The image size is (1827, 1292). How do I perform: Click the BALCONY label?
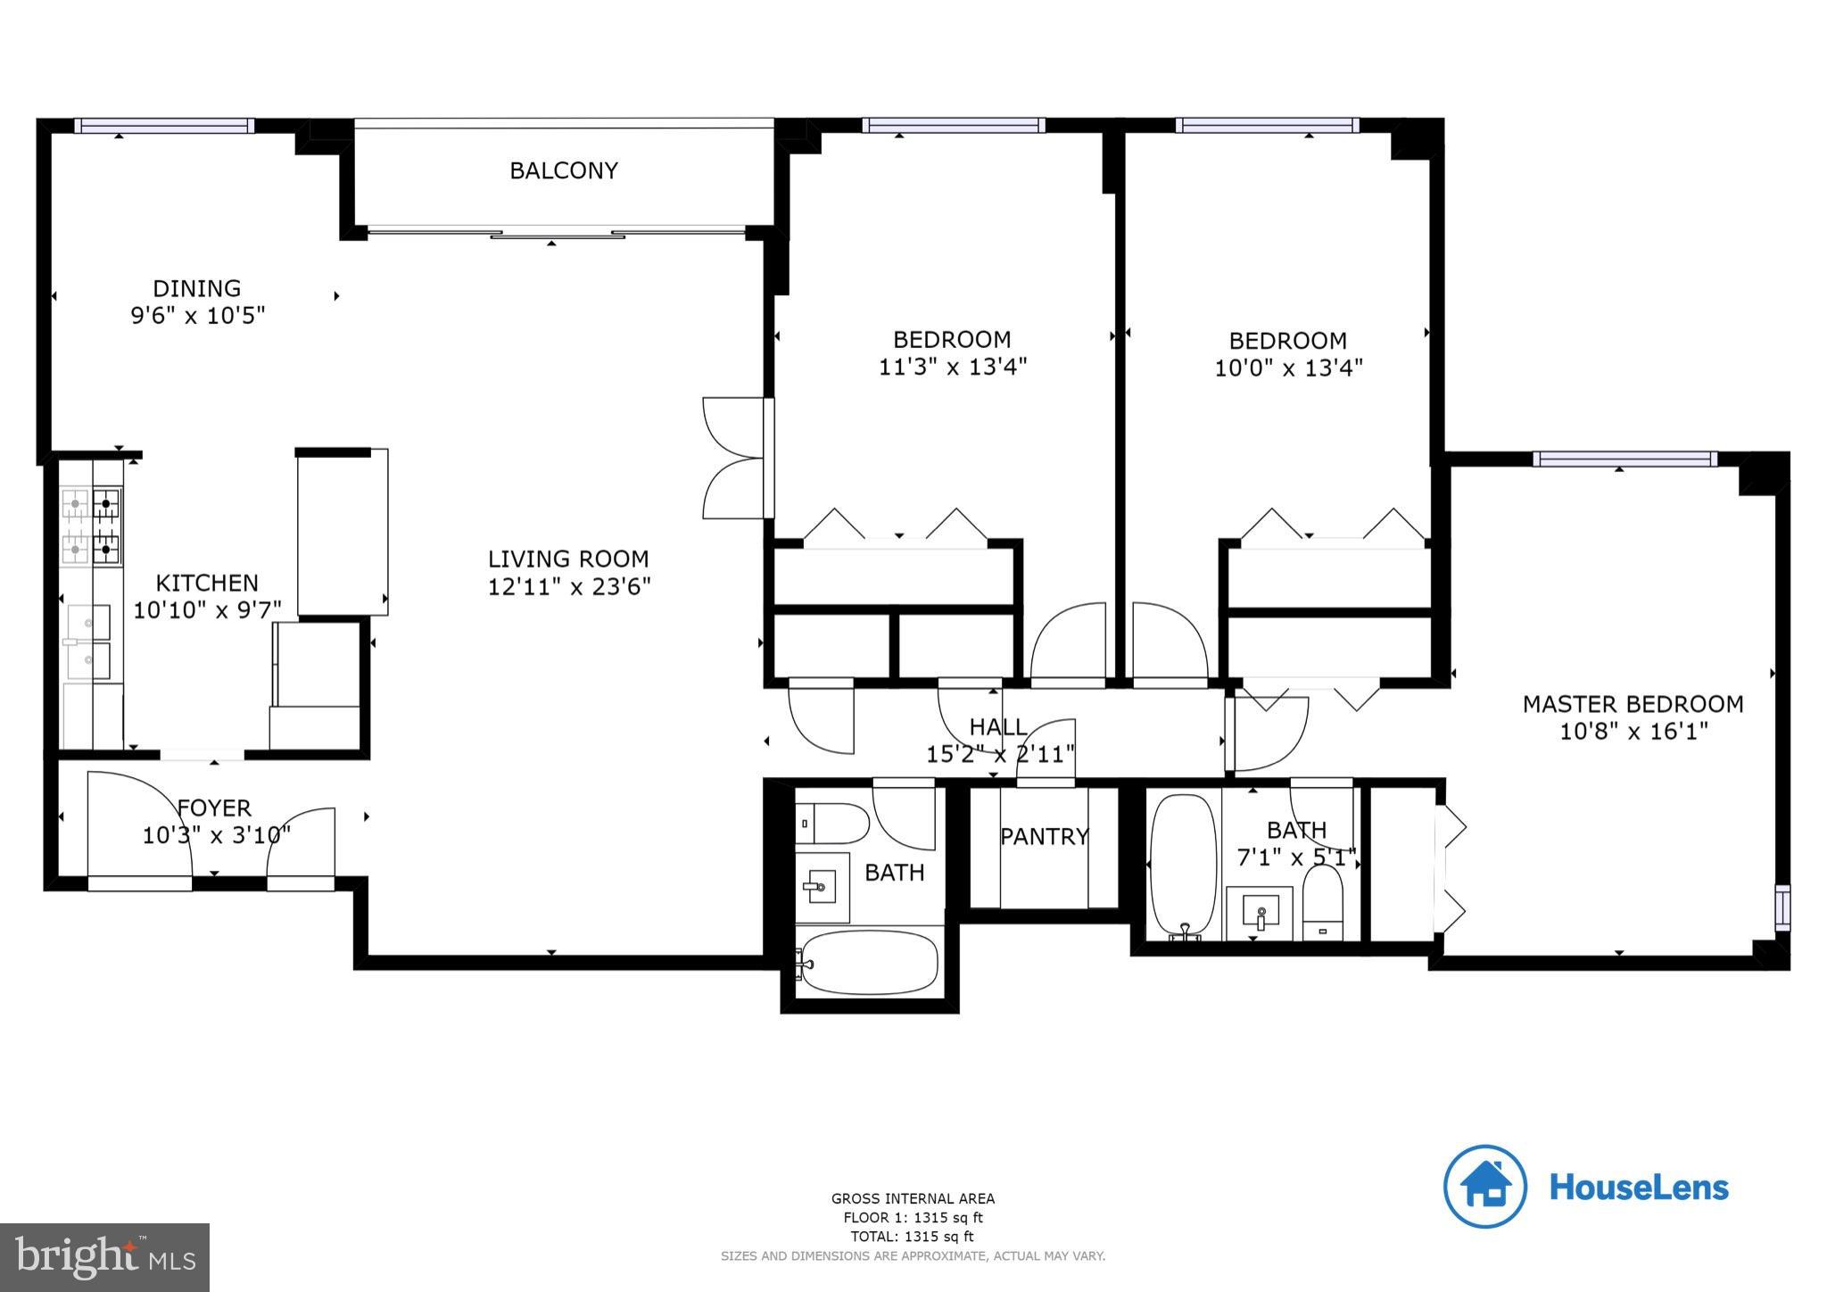click(563, 170)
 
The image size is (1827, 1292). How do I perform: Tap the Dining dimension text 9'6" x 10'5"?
click(198, 316)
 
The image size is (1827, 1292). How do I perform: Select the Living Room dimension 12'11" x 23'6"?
click(568, 587)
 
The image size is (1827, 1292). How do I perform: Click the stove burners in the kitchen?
click(92, 526)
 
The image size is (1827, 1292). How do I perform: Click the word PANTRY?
click(1044, 836)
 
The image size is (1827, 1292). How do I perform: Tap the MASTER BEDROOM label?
click(1632, 704)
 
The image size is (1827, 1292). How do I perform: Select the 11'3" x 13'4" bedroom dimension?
click(953, 367)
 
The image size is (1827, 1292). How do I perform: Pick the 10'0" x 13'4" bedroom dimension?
click(1288, 368)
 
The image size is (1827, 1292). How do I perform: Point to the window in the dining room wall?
click(164, 126)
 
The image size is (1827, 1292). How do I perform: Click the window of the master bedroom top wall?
click(1624, 460)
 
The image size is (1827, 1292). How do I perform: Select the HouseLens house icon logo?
click(1485, 1186)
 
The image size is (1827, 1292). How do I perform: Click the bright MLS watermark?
click(105, 1257)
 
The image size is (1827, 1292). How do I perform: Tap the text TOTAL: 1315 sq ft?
click(912, 1237)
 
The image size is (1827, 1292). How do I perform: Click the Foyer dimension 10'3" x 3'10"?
click(216, 836)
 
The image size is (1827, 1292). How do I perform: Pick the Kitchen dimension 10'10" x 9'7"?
click(207, 610)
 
